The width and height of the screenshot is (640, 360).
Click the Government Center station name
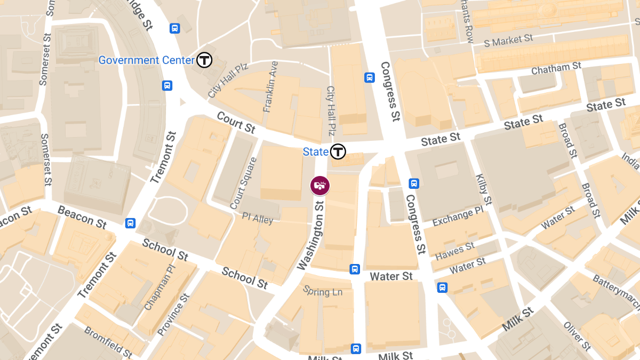[146, 60]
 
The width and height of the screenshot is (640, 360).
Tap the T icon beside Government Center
[204, 60]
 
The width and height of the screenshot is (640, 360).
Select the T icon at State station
[338, 151]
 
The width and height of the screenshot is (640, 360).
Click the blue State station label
[316, 152]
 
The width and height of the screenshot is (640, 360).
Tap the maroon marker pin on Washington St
[320, 185]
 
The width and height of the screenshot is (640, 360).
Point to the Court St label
[236, 122]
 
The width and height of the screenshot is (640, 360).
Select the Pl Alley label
[258, 219]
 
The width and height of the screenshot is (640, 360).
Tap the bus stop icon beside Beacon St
[130, 223]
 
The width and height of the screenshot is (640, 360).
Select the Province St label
[173, 315]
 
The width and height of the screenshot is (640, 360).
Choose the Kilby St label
[483, 189]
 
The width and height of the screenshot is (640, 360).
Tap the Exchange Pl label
[458, 215]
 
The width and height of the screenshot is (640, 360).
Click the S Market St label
[508, 41]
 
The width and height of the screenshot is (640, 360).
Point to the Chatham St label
[556, 68]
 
